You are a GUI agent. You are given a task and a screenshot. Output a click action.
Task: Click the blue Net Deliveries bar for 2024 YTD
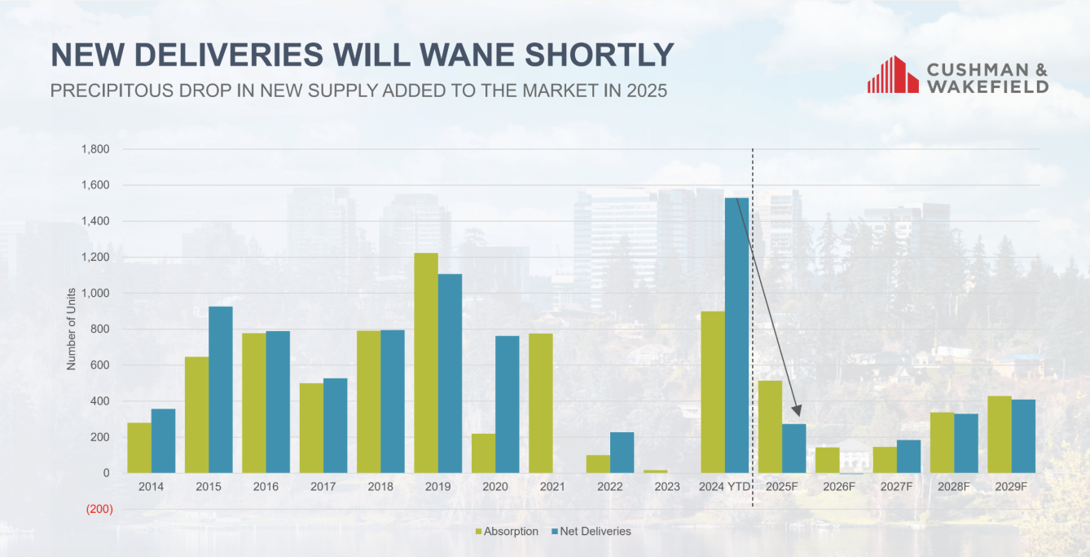(x=736, y=334)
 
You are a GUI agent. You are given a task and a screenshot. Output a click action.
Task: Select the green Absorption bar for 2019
(x=426, y=363)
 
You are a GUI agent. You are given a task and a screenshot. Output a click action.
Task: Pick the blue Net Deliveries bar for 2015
(x=220, y=390)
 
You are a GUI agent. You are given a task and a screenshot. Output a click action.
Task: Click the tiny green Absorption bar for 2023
(x=655, y=471)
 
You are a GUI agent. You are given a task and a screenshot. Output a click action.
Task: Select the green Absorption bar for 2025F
(x=770, y=427)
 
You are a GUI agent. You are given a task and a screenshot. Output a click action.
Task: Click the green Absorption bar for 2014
(x=139, y=448)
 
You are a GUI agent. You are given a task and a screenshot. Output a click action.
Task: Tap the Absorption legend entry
(x=507, y=532)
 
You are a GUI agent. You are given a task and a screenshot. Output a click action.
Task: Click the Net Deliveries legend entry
(x=591, y=532)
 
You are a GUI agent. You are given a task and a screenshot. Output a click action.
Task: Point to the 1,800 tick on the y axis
(x=95, y=149)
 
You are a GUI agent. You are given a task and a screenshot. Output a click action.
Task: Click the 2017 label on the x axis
(x=323, y=487)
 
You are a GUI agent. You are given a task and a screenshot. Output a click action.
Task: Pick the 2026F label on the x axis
(x=838, y=487)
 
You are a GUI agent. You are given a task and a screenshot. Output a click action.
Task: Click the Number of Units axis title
(x=71, y=329)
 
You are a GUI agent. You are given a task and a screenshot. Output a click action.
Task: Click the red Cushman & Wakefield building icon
(x=893, y=74)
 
